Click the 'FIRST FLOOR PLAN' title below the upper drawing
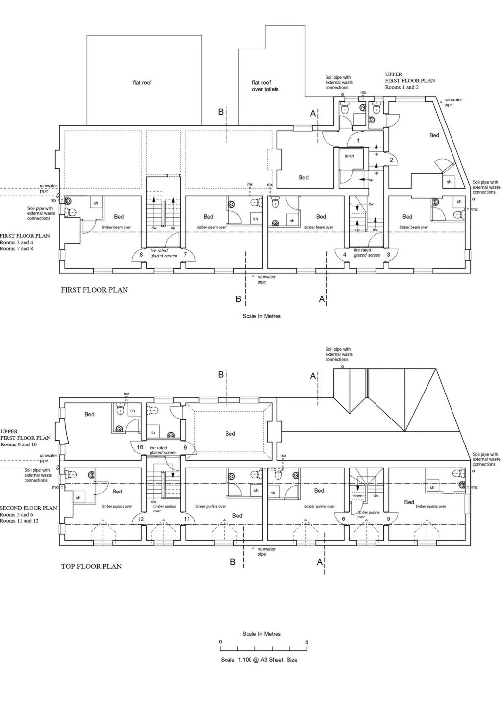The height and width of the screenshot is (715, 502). tap(94, 290)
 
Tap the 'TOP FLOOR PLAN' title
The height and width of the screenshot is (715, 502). tap(91, 566)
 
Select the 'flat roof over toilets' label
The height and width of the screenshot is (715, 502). tap(265, 86)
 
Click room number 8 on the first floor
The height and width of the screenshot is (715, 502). tap(141, 255)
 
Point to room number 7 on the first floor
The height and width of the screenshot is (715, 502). tap(185, 255)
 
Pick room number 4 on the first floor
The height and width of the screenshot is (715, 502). tap(345, 255)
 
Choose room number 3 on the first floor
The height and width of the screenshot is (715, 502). tap(389, 255)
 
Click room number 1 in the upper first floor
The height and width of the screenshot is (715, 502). tap(358, 141)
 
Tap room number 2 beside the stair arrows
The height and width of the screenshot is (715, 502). tap(391, 160)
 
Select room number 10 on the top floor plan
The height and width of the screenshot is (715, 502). tap(140, 447)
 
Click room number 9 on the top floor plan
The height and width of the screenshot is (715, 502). tap(185, 447)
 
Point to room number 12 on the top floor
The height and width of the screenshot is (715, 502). tap(141, 519)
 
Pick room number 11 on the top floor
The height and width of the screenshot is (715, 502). tap(187, 519)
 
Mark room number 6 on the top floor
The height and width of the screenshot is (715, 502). tap(343, 519)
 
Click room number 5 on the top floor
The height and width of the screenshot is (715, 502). tap(389, 519)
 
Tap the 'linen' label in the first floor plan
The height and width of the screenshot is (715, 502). tap(350, 156)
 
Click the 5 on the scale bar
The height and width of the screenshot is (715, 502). tap(307, 642)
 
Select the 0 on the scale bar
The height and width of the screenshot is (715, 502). tap(220, 642)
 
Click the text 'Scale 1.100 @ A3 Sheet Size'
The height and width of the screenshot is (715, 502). tap(259, 660)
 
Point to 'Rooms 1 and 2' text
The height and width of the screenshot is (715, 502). tap(402, 87)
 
